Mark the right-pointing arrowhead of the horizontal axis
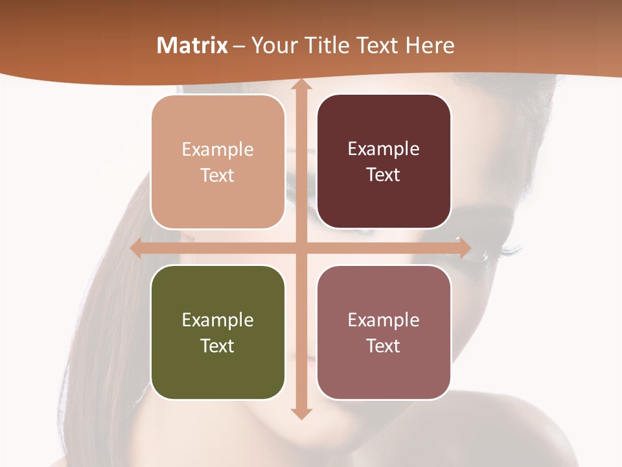click(x=463, y=248)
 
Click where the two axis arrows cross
click(x=300, y=248)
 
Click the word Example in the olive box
click(x=218, y=320)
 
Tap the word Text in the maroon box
click(x=383, y=175)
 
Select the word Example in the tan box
click(x=218, y=149)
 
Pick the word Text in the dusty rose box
click(x=383, y=346)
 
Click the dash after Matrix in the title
click(x=239, y=46)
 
